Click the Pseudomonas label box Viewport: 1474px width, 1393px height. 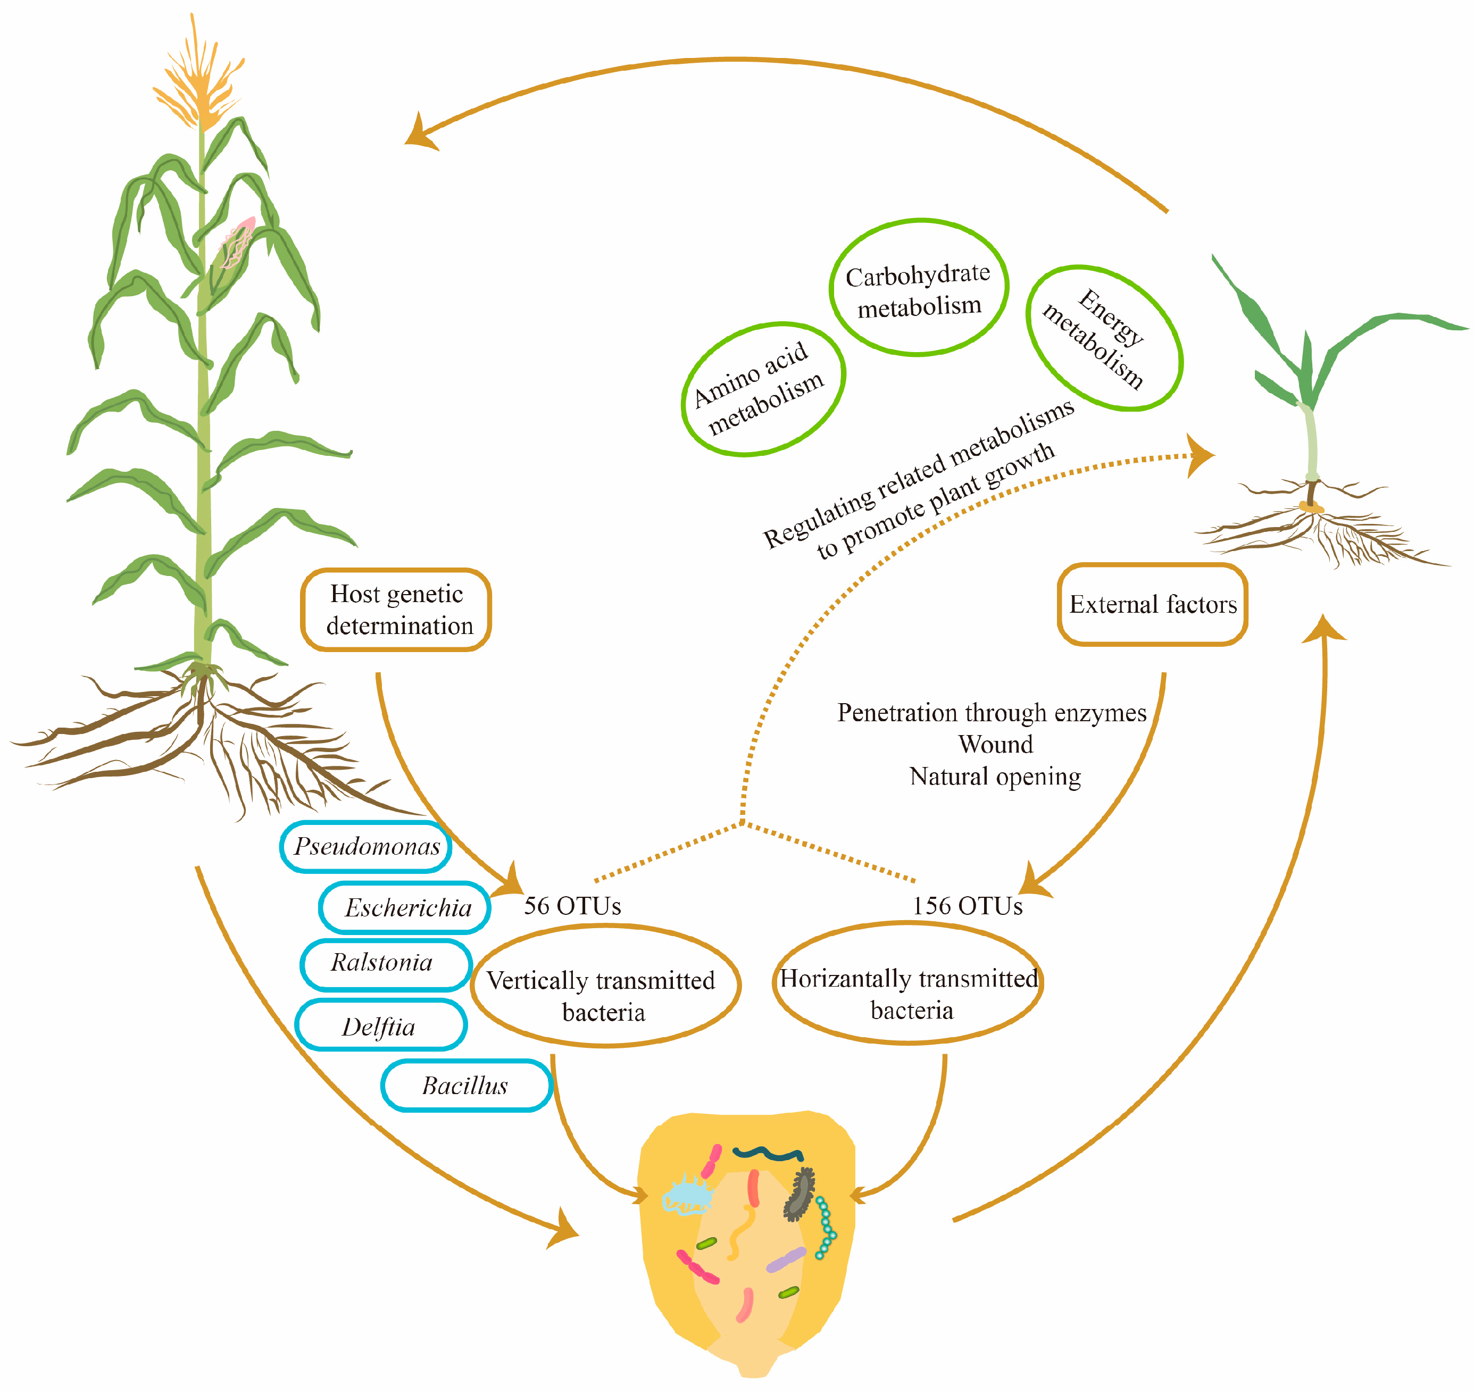point(366,847)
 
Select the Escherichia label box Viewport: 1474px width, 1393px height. point(405,907)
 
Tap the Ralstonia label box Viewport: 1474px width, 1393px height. point(386,964)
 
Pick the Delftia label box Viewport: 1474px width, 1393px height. point(380,1026)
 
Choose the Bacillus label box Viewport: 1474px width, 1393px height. point(467,1086)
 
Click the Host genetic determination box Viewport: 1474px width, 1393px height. point(396,610)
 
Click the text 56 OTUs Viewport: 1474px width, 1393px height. point(572,906)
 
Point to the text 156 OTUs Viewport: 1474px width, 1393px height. point(967,906)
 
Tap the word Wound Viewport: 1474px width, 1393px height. point(995,744)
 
